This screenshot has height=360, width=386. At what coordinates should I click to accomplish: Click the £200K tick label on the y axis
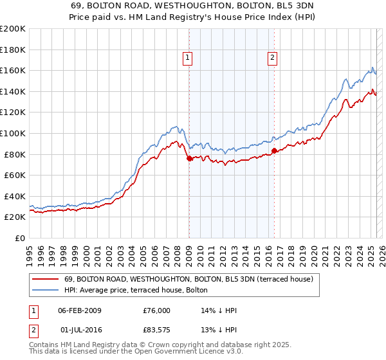[13, 29]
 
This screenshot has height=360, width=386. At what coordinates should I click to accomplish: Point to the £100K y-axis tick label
[13, 133]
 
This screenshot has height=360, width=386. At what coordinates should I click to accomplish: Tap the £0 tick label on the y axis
[20, 238]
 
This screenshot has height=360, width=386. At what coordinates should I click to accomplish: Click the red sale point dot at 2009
[189, 158]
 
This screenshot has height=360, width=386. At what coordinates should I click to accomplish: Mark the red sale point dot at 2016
[274, 150]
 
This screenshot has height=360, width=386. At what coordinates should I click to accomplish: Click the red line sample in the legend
[45, 279]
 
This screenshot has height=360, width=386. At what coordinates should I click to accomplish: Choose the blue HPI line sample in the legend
[45, 290]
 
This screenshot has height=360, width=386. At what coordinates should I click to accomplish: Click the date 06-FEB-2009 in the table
[80, 310]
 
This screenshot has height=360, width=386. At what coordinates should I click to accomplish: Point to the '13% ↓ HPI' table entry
[219, 330]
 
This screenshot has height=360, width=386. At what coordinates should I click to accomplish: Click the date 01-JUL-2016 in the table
[80, 330]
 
